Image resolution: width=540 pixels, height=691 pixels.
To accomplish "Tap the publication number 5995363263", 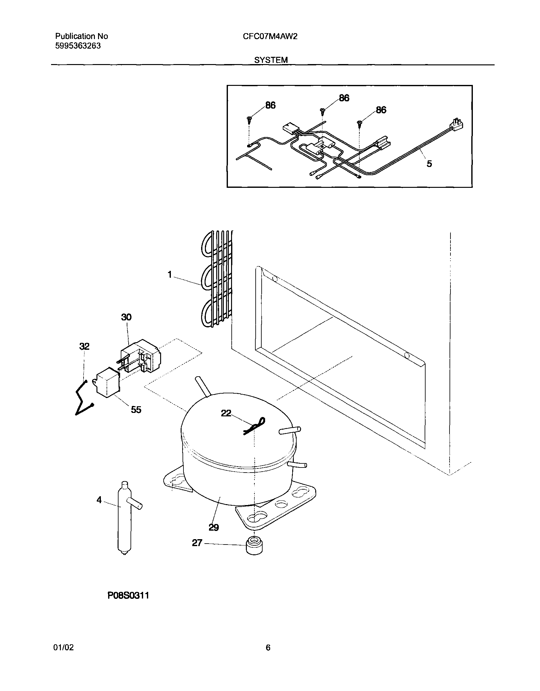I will pos(78,46).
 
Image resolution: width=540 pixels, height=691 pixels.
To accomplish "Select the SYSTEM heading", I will pos(271,60).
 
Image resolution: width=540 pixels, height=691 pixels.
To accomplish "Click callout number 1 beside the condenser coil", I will pos(170,275).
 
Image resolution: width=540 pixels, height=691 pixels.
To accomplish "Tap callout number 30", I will pos(126,317).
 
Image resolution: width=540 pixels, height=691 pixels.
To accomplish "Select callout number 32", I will pos(84,346).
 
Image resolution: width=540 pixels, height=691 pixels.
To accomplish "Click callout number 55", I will pos(136,410).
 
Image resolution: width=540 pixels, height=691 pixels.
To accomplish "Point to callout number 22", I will pos(226,413).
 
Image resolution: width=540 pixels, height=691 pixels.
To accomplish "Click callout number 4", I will pos(99,500).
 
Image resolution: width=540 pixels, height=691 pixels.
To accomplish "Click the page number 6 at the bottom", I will pos(268,657).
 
